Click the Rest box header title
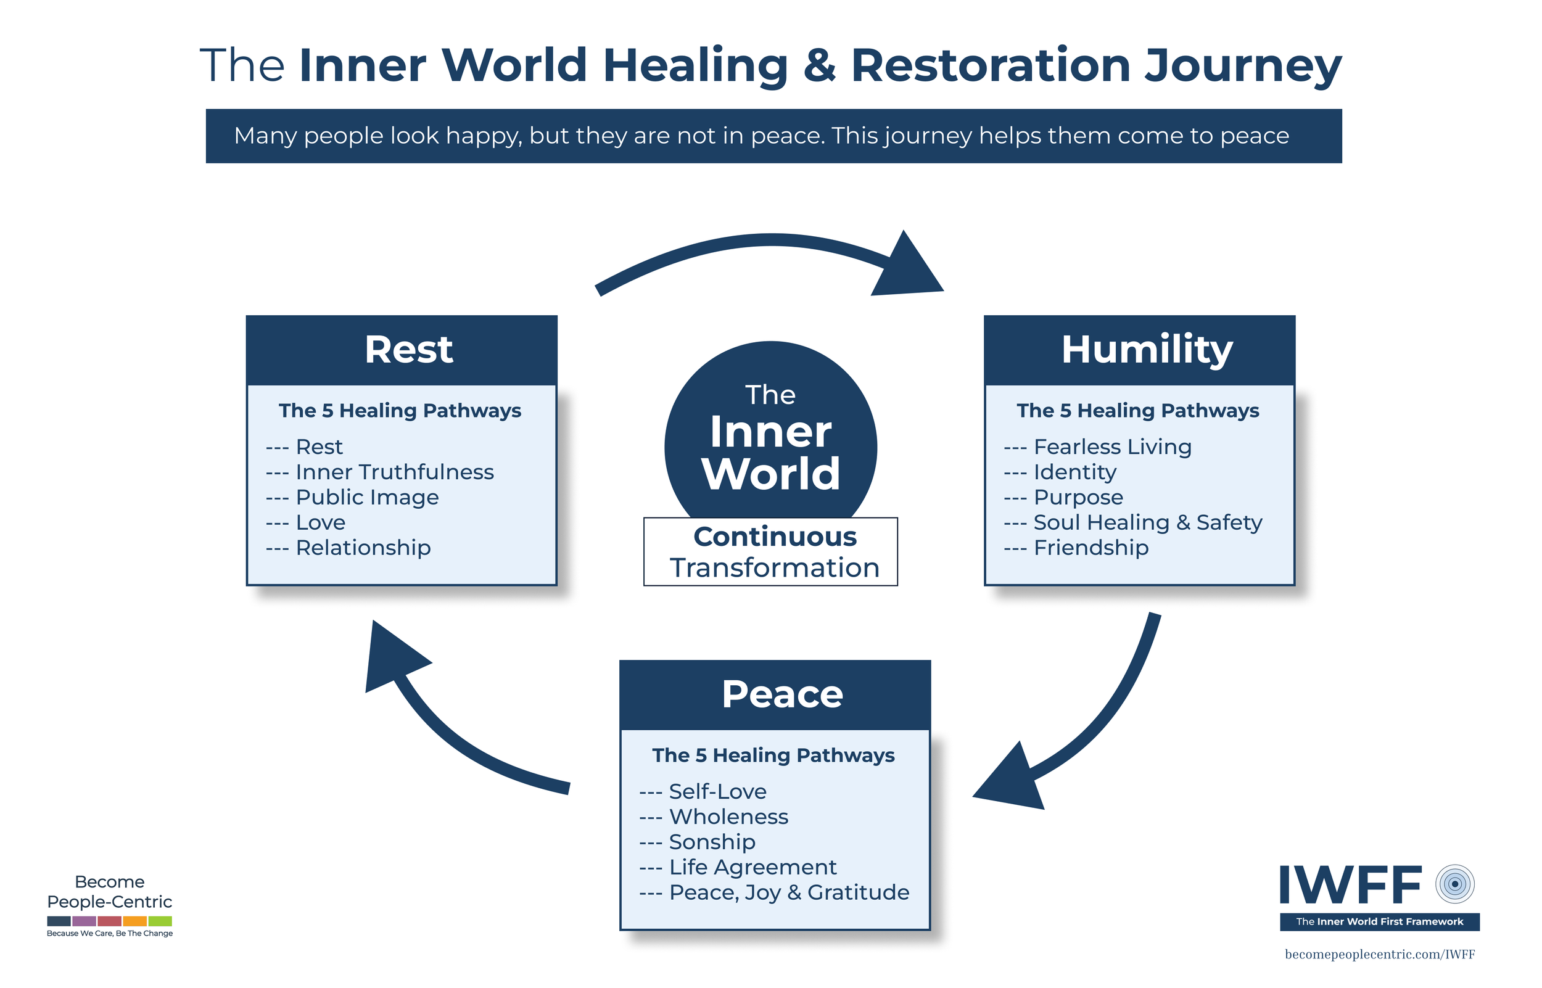[408, 350]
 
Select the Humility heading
[1147, 350]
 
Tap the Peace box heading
[782, 694]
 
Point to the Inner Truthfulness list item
[394, 472]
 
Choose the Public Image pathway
[367, 497]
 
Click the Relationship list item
[363, 548]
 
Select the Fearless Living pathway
[1112, 447]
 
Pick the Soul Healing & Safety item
[1147, 523]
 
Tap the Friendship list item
[1091, 548]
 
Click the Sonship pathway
[712, 842]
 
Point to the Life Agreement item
[752, 867]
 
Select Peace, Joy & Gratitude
[789, 892]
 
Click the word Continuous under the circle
[775, 537]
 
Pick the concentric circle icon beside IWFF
[1455, 884]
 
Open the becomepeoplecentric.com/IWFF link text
[1380, 954]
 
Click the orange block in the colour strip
[134, 921]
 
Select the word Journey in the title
[1243, 66]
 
